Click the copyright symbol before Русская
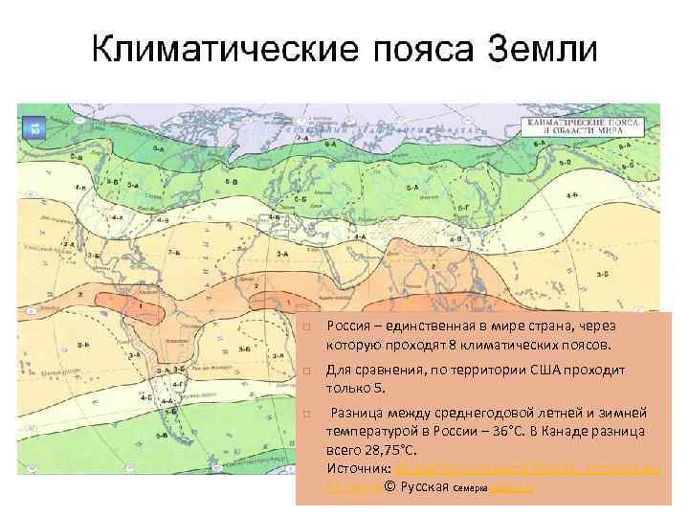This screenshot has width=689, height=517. click(389, 487)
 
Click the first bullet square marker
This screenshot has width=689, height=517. click(303, 326)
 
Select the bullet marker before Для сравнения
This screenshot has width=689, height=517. click(303, 370)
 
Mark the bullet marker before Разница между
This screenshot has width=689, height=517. click(303, 413)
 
